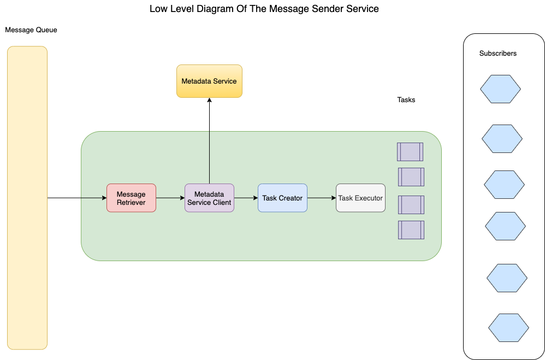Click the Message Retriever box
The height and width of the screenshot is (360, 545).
click(131, 198)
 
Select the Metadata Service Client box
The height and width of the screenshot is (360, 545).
click(209, 198)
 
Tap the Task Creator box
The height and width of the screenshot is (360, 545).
click(282, 198)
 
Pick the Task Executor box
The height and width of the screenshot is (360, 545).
click(360, 198)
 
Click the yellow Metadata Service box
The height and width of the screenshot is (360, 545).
click(209, 81)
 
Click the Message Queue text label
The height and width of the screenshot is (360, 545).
click(31, 30)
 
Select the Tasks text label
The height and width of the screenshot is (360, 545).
click(406, 100)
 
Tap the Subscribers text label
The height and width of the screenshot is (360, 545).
click(498, 54)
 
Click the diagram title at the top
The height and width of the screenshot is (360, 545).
click(264, 9)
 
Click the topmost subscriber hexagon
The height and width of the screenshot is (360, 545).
click(500, 89)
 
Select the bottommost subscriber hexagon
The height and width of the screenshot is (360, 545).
click(508, 327)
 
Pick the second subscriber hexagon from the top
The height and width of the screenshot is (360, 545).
click(502, 139)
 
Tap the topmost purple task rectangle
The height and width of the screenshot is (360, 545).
click(410, 151)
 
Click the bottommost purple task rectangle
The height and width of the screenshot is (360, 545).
click(411, 230)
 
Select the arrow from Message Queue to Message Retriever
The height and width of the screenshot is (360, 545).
click(77, 198)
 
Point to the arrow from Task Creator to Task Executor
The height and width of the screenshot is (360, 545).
click(322, 198)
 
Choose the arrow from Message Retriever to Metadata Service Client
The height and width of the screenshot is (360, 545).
click(170, 198)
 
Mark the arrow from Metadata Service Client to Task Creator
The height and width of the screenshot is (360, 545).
click(246, 198)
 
